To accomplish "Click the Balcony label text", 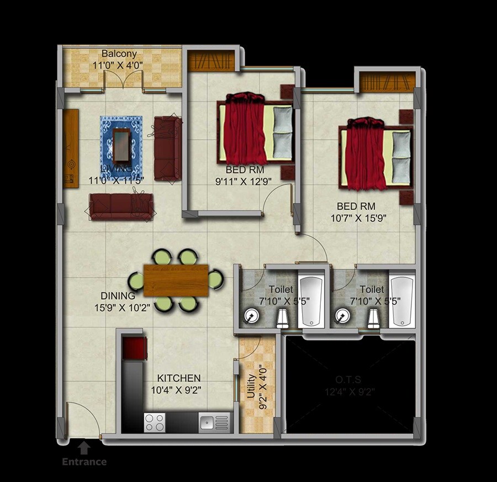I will (x=119, y=54).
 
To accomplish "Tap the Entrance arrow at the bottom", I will (x=83, y=446).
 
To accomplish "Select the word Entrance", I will (x=84, y=462).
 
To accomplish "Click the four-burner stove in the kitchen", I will (x=155, y=422).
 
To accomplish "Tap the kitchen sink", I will (x=207, y=423).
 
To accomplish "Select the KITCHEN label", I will (x=178, y=378).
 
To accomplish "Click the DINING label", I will (x=118, y=296).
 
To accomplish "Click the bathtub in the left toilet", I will (x=312, y=301).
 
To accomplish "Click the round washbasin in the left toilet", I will (x=251, y=316).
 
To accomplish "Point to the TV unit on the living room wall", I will (x=70, y=148).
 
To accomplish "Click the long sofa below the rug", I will (x=121, y=207).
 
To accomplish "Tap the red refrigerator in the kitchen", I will (x=134, y=348).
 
